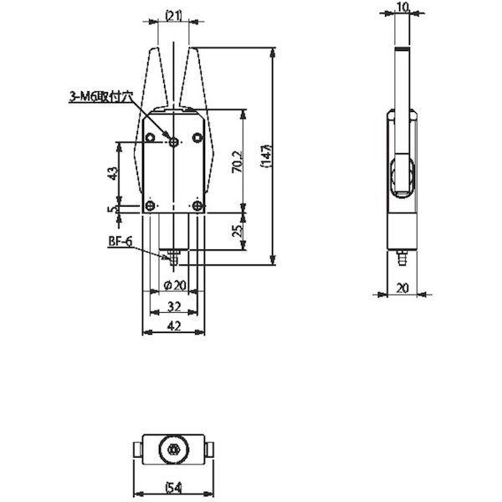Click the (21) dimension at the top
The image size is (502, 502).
173,15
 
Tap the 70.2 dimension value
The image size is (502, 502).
238,162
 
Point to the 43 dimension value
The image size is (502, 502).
112,173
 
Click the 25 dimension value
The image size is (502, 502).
238,231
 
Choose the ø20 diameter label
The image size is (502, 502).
175,285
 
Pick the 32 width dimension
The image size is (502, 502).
174,306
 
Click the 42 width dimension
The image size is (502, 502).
174,326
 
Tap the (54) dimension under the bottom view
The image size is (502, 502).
173,489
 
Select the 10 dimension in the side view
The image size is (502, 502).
402,8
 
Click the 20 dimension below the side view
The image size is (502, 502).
402,288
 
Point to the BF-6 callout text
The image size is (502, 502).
120,242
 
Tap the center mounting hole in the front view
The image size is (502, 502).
174,141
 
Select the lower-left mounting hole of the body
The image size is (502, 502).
150,206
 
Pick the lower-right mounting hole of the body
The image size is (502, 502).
197,206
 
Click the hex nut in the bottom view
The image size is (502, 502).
174,449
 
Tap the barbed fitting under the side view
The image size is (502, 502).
402,258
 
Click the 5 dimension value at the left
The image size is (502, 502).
112,209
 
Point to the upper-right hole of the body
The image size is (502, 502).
197,138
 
